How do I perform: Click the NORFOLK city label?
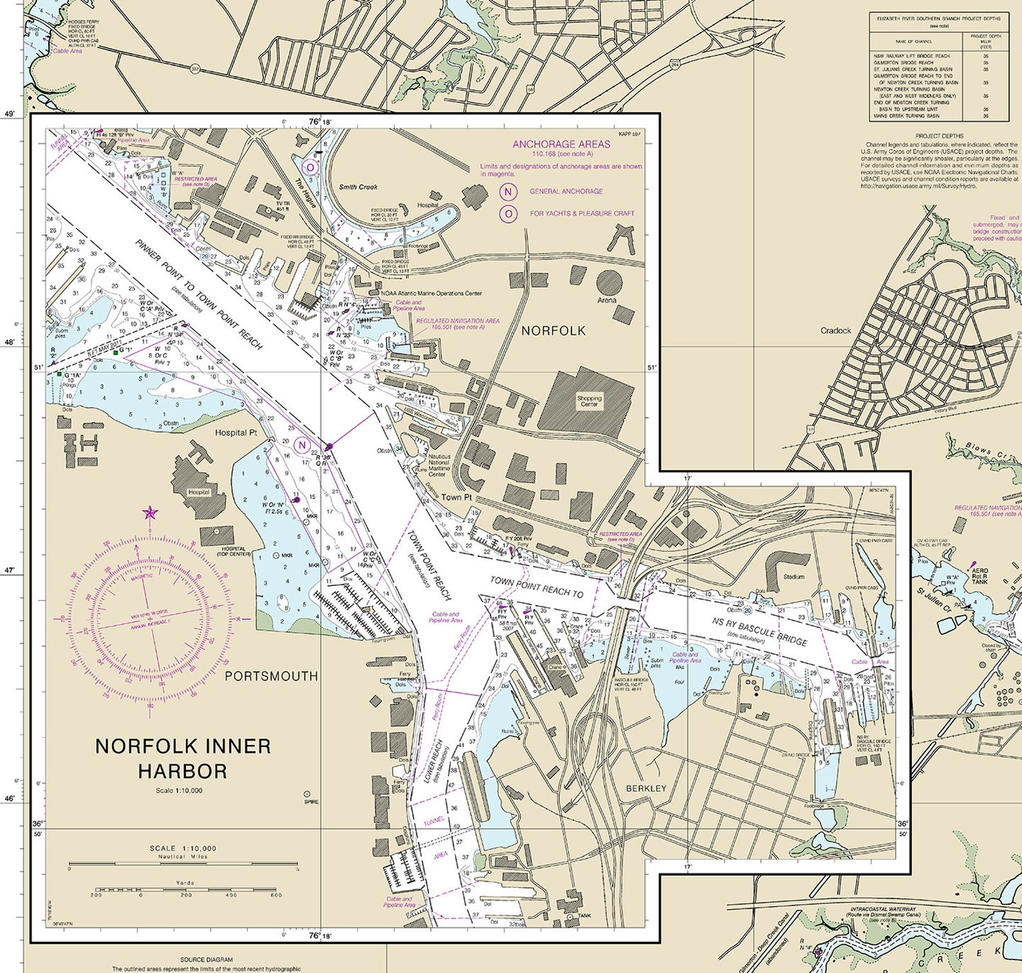click(553, 331)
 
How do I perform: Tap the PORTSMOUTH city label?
click(271, 676)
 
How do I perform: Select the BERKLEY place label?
click(646, 788)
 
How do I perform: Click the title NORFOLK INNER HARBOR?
click(183, 758)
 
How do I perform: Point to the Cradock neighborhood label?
click(835, 330)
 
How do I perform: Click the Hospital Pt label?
click(236, 433)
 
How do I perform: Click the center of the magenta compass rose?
click(151, 621)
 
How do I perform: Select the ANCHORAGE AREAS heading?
click(561, 144)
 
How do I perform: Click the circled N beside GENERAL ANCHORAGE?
click(508, 191)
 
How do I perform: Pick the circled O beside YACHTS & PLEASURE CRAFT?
click(508, 213)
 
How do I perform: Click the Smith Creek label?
click(358, 187)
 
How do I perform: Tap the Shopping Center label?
click(589, 401)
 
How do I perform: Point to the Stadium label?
click(794, 576)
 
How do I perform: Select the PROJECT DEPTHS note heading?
click(940, 136)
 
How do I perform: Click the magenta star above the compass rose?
click(150, 513)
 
